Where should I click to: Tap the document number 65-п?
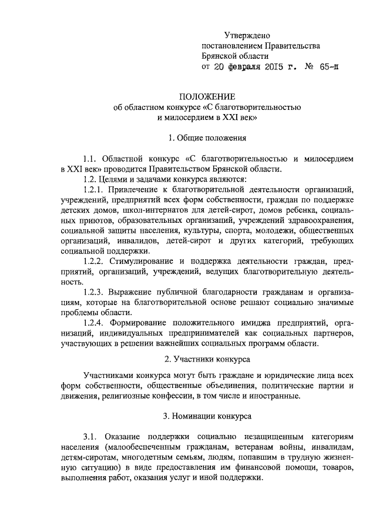pyautogui.click(x=327, y=68)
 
